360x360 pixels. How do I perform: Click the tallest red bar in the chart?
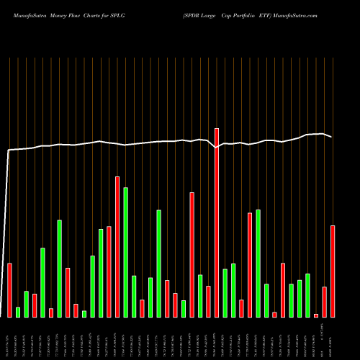click(x=217, y=222)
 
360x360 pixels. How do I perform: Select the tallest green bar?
click(x=126, y=252)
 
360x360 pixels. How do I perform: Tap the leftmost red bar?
click(x=10, y=289)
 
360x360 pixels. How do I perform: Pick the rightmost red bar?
click(x=333, y=271)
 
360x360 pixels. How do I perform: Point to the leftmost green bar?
click(x=18, y=312)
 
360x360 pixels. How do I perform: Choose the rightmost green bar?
click(x=307, y=295)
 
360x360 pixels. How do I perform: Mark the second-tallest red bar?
click(x=117, y=246)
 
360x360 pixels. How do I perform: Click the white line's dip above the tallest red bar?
click(x=217, y=148)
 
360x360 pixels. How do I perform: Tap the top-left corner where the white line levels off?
click(x=9, y=150)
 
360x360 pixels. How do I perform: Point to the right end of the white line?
click(x=332, y=137)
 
